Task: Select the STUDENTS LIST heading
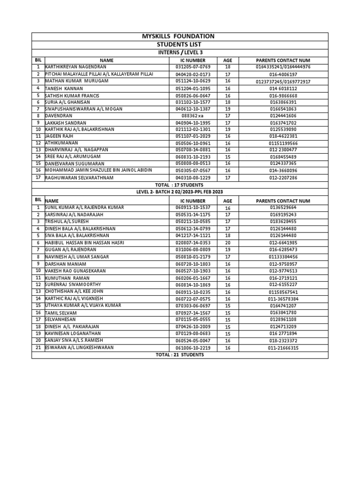[180, 45]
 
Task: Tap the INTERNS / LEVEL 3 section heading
[180, 52]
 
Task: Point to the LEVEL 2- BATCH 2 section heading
[180, 192]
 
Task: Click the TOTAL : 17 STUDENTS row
[180, 185]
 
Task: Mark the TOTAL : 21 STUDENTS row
[180, 355]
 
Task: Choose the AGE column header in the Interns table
[228, 60]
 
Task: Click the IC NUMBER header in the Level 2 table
[193, 201]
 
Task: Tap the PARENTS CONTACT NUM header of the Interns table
[283, 60]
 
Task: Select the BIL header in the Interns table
[38, 60]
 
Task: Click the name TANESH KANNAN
[64, 88]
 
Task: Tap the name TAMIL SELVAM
[61, 313]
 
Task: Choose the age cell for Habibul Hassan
[228, 243]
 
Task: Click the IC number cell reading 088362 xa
[193, 116]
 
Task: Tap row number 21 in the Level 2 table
[38, 348]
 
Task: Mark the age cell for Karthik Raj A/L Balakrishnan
[228, 129]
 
